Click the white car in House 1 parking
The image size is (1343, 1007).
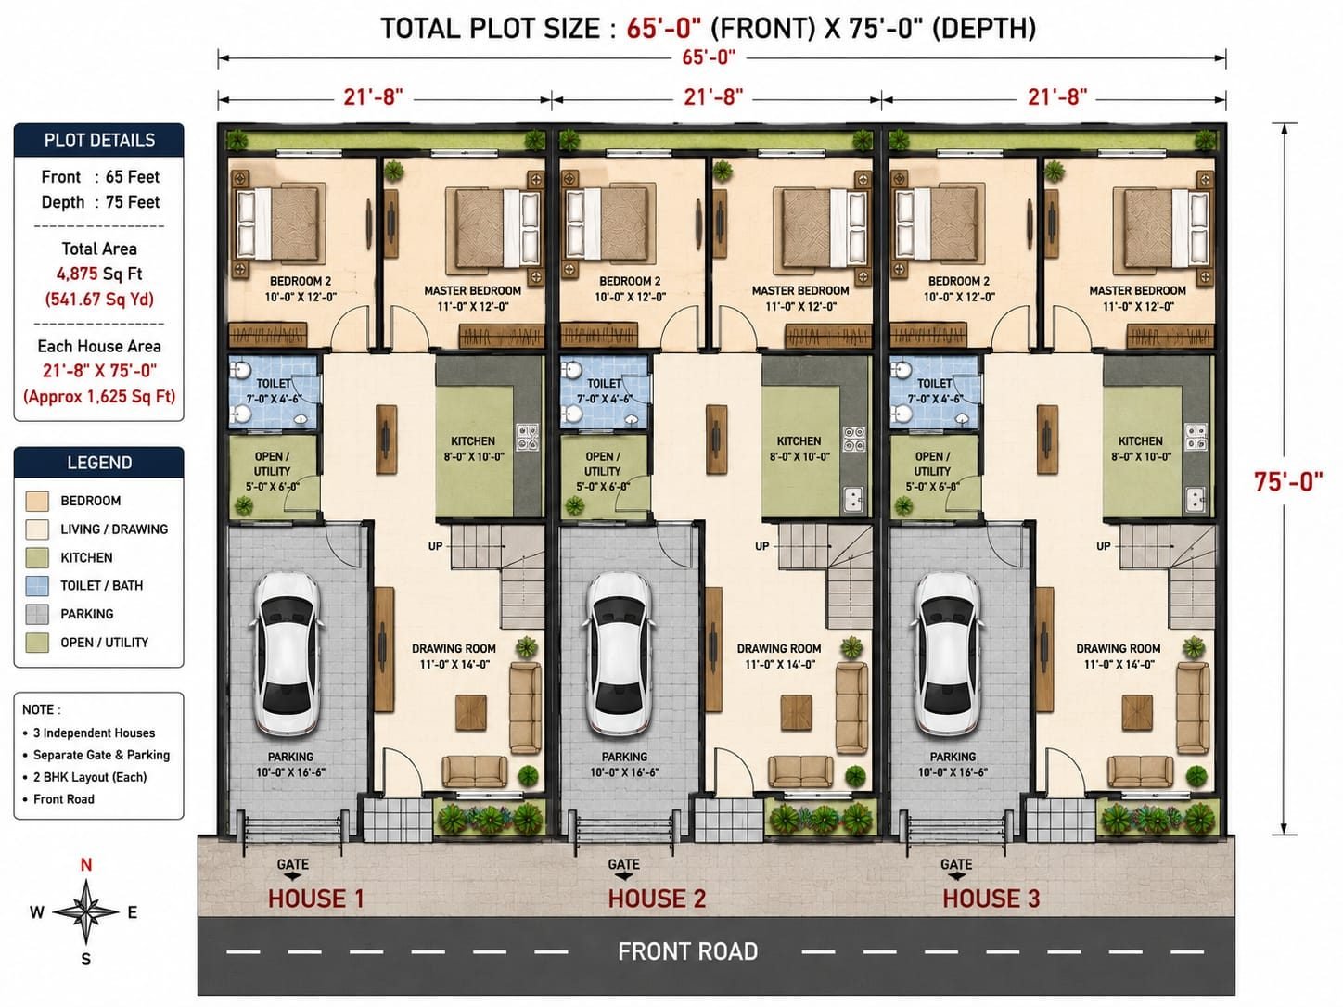click(x=287, y=653)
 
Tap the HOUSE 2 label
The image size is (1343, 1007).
click(x=657, y=899)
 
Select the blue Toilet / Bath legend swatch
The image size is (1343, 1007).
click(x=37, y=586)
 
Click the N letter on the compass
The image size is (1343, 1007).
click(x=86, y=865)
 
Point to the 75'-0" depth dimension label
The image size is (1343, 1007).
click(x=1288, y=482)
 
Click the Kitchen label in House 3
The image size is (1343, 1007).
click(x=1141, y=440)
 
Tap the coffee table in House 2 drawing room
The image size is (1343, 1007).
click(x=797, y=712)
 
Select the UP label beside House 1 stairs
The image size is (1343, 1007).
click(x=435, y=546)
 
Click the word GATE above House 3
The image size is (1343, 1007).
click(x=955, y=864)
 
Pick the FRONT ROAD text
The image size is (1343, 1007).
click(x=687, y=952)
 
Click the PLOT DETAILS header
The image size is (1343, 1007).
click(x=99, y=140)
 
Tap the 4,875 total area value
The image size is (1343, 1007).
click(x=78, y=274)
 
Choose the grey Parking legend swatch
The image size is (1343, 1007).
click(x=37, y=614)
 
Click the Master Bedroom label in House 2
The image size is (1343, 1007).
click(x=800, y=291)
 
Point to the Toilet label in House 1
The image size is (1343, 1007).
click(x=274, y=383)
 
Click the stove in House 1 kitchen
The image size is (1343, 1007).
click(x=527, y=437)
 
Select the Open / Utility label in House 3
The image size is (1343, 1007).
click(x=932, y=464)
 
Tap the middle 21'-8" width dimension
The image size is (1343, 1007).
click(x=713, y=97)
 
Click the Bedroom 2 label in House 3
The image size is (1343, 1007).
click(x=959, y=281)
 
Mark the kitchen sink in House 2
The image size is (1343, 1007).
click(x=853, y=499)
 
